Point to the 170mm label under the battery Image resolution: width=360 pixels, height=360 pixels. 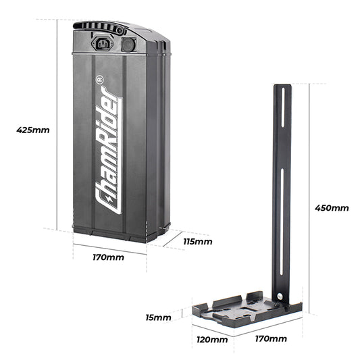coord(109,257)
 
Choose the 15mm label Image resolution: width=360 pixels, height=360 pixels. coord(158,316)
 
